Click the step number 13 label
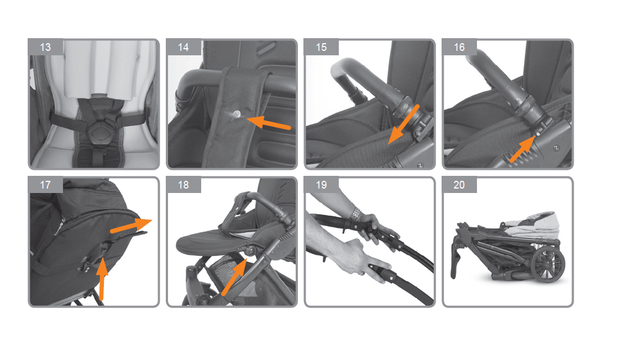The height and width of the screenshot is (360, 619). [x=45, y=47]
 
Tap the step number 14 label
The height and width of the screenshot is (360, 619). [x=183, y=47]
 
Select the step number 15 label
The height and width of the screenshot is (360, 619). [x=321, y=47]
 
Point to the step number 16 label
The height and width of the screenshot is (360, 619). [x=459, y=47]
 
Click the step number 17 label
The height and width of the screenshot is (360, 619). [x=45, y=185]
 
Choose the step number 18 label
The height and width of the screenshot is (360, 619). [x=183, y=185]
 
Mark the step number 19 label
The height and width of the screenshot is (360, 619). [x=321, y=185]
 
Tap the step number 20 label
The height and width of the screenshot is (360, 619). [x=459, y=185]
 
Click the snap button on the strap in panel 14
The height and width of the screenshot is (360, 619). [x=237, y=114]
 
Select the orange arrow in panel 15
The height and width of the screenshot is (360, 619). [x=402, y=124]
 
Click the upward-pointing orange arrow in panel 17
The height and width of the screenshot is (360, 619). [x=102, y=278]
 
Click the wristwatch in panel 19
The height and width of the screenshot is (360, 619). [x=356, y=214]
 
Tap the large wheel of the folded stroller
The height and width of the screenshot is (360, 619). [x=548, y=264]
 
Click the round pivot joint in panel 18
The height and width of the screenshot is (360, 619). [x=250, y=250]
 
